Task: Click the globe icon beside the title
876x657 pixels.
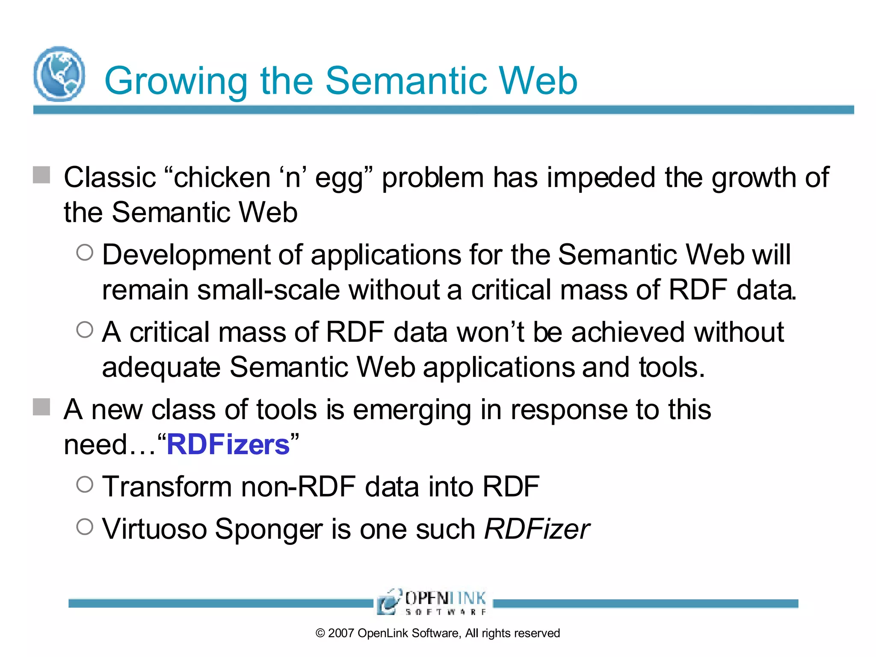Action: [x=59, y=74]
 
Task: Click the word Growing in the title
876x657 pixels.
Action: [x=175, y=81]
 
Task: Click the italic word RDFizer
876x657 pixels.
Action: [x=536, y=529]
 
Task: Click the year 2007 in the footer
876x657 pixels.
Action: [x=341, y=633]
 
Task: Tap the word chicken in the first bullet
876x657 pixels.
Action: [x=222, y=178]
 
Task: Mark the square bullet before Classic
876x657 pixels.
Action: [x=41, y=175]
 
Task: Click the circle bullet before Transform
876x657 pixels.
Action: [x=85, y=485]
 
